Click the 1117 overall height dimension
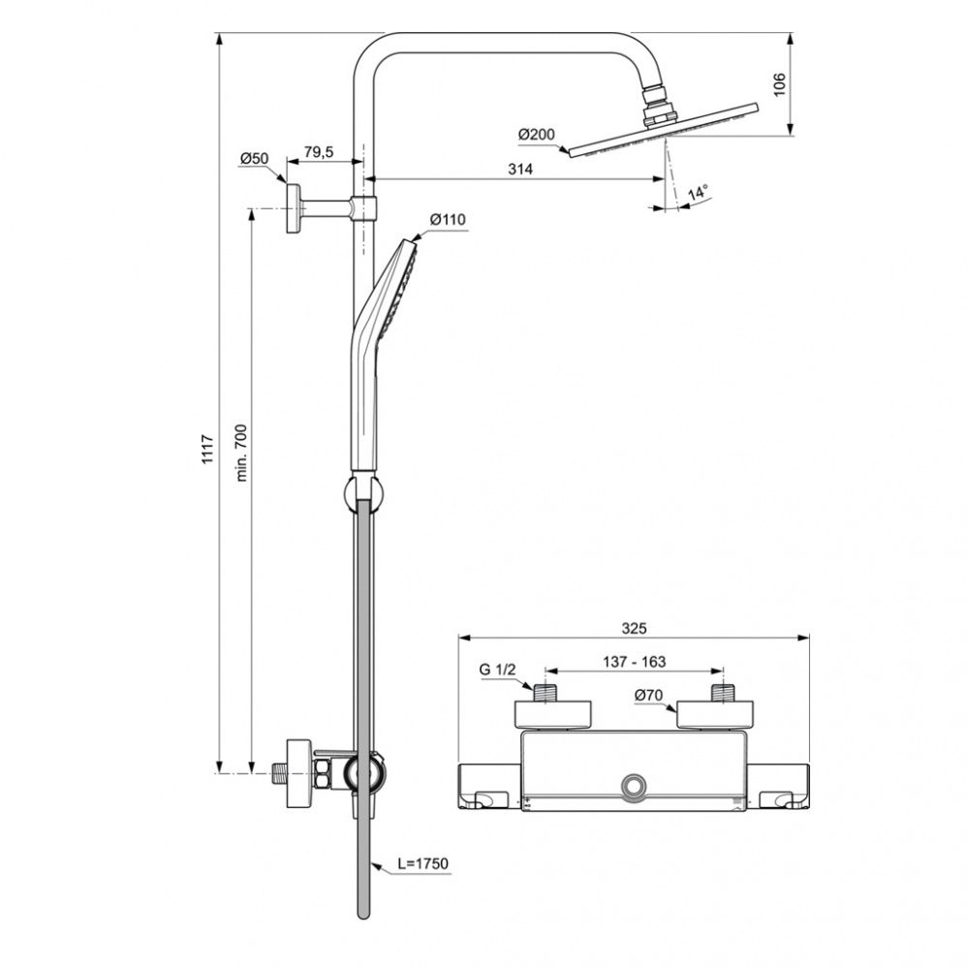click(x=207, y=450)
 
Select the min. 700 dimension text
click(x=241, y=453)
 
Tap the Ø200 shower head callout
click(x=537, y=134)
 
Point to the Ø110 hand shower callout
click(x=448, y=219)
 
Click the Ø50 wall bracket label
click(x=255, y=159)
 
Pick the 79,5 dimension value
click(x=319, y=152)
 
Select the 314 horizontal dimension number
click(x=520, y=169)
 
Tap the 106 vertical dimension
click(x=780, y=84)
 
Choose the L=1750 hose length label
click(x=422, y=863)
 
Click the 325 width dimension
click(x=634, y=629)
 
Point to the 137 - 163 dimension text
click(x=635, y=662)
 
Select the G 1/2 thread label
click(x=497, y=669)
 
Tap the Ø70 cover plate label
click(x=648, y=695)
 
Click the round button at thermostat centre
click(x=634, y=786)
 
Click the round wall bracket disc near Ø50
click(x=293, y=208)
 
